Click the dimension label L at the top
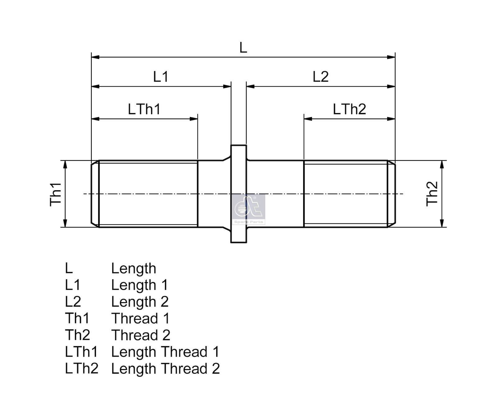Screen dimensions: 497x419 coord(243,47)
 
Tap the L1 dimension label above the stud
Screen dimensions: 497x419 coord(161,76)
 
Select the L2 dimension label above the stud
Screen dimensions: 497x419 coord(321,76)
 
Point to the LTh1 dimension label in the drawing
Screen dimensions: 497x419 coord(144,109)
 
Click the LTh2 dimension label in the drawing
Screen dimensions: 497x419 coord(349,109)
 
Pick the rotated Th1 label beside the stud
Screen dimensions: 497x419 coord(56,194)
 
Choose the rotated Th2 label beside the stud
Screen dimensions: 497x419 coord(432,194)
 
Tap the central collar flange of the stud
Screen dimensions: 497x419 coord(239,194)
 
